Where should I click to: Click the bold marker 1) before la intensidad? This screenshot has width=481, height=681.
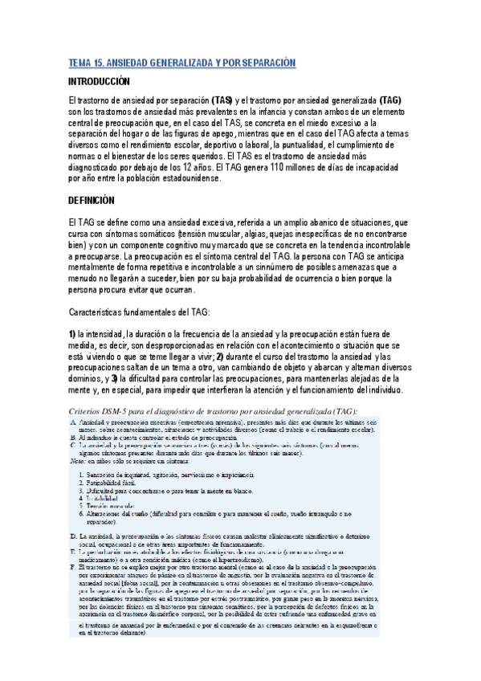pyautogui.click(x=71, y=334)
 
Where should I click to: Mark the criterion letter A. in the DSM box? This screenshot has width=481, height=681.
pyautogui.click(x=74, y=422)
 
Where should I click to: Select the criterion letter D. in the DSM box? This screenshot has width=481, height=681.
pyautogui.click(x=74, y=512)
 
